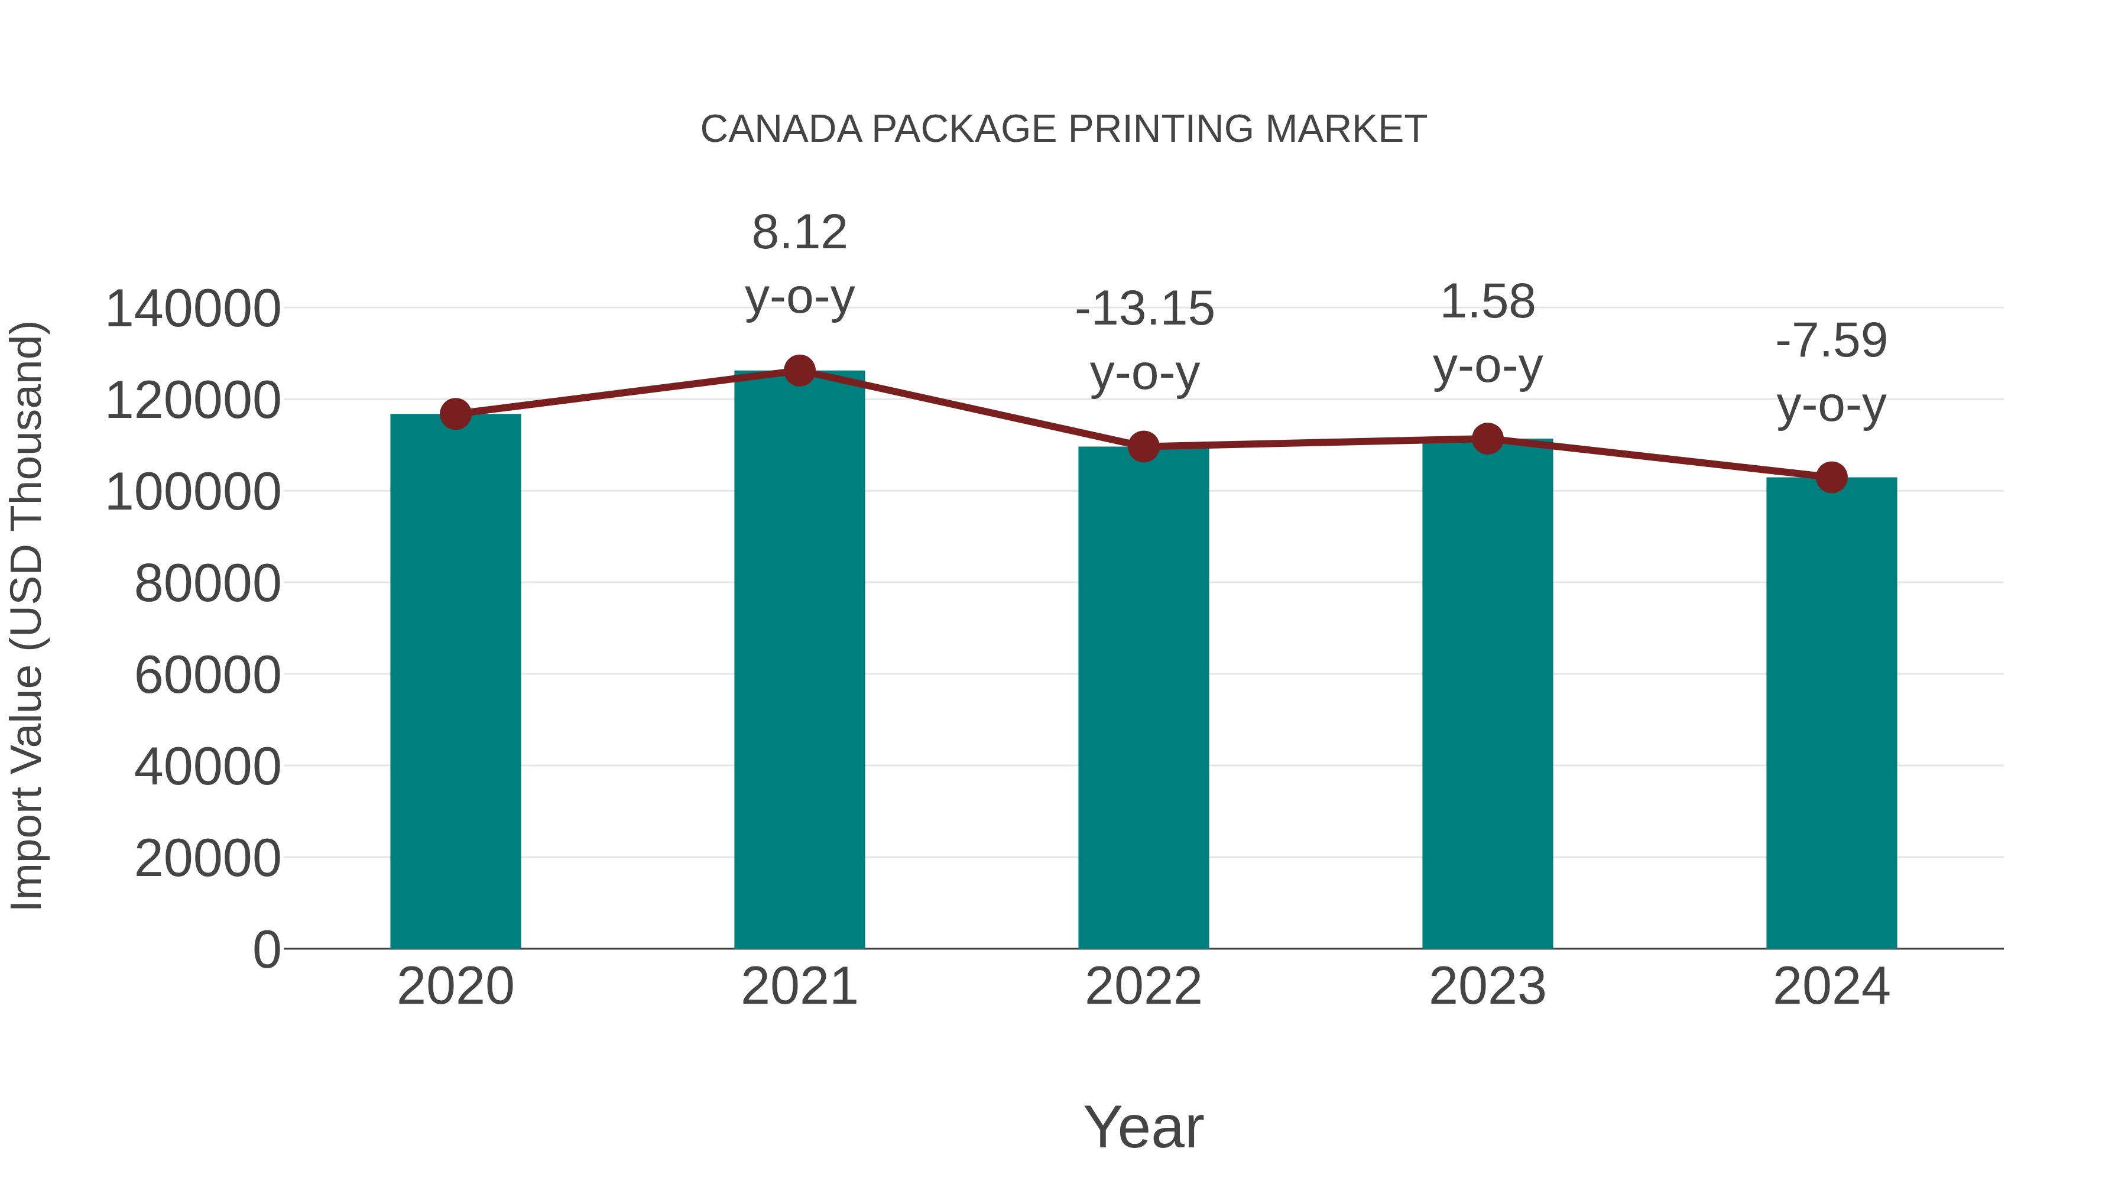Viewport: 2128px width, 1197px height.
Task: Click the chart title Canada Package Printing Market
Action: coord(1063,129)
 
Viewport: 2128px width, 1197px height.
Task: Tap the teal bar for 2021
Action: coord(799,661)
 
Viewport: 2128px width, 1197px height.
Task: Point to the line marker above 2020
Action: coord(455,414)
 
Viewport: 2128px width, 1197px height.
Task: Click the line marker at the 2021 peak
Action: coord(799,371)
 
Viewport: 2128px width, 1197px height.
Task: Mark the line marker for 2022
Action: coord(1143,447)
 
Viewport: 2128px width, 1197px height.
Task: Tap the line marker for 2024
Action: coord(1831,478)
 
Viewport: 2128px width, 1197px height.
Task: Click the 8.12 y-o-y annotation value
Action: coord(799,232)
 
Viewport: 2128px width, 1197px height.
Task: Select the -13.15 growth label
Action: coord(1144,309)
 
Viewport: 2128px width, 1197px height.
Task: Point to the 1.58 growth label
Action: coord(1487,301)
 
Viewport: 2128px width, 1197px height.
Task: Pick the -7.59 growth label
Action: coord(1831,340)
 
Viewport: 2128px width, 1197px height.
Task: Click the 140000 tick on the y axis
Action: coord(193,309)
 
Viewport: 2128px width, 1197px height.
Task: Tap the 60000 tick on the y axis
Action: coord(207,675)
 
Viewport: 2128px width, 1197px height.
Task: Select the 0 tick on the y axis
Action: coord(266,949)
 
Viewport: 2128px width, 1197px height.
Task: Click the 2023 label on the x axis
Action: coord(1487,987)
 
